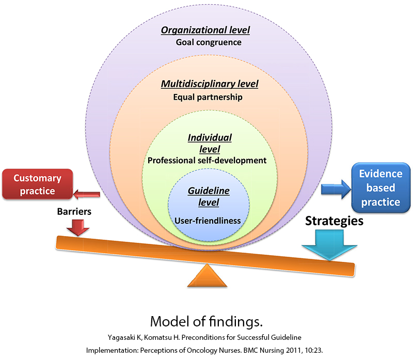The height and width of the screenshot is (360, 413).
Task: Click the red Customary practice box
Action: click(37, 184)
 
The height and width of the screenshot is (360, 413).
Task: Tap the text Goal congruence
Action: click(209, 42)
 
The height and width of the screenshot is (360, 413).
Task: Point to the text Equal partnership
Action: click(209, 97)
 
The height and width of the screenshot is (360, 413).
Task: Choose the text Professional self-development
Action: click(207, 160)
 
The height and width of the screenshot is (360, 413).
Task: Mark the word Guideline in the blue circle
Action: click(209, 191)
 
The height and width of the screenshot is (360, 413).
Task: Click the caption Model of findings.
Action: click(206, 321)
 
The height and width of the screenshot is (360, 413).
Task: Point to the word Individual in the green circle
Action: click(210, 138)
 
